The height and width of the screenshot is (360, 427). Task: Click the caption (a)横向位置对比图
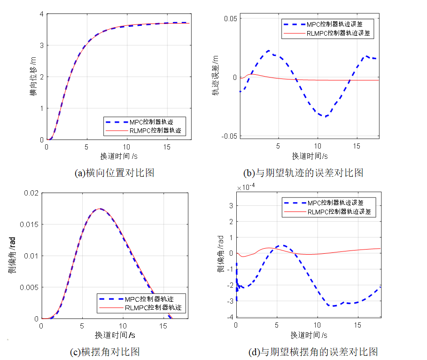(115, 173)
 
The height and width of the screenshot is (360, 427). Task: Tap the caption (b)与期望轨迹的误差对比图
(304, 173)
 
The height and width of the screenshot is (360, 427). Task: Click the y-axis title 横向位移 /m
(32, 77)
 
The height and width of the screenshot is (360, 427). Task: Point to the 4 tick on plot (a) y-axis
(41, 14)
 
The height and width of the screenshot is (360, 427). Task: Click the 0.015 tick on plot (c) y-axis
(29, 224)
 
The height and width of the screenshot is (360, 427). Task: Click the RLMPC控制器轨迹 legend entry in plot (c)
(153, 308)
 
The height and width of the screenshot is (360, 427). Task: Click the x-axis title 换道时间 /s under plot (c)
(115, 335)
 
